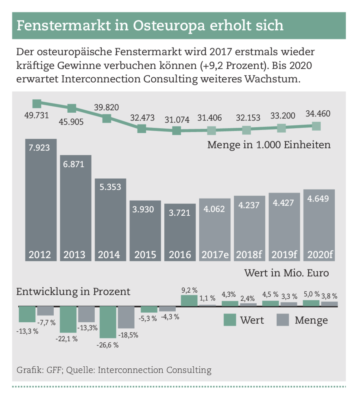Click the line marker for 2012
37,103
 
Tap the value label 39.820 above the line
107,107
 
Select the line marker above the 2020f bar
316,126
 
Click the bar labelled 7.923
41,199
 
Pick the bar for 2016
180,232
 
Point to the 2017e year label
215,255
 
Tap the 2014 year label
110,255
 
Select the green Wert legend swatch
229,320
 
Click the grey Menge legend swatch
283,320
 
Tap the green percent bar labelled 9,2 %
189,301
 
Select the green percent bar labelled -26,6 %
108,322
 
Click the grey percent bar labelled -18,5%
126,317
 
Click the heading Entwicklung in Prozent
73,292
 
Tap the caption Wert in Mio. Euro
286,273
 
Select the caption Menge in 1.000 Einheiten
268,145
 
